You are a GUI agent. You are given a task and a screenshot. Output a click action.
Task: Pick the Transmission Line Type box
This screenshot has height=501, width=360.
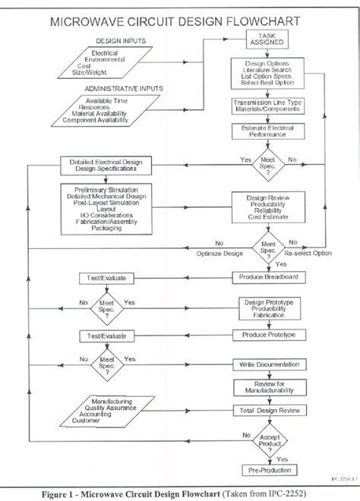267,106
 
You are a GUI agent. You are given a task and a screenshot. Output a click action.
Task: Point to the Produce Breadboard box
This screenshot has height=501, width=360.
267,277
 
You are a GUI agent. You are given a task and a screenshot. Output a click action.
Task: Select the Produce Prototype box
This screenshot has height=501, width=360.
267,334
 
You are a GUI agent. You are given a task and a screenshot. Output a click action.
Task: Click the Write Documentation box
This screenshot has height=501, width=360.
267,365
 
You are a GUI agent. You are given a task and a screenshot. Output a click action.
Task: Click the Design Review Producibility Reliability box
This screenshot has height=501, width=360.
267,206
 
